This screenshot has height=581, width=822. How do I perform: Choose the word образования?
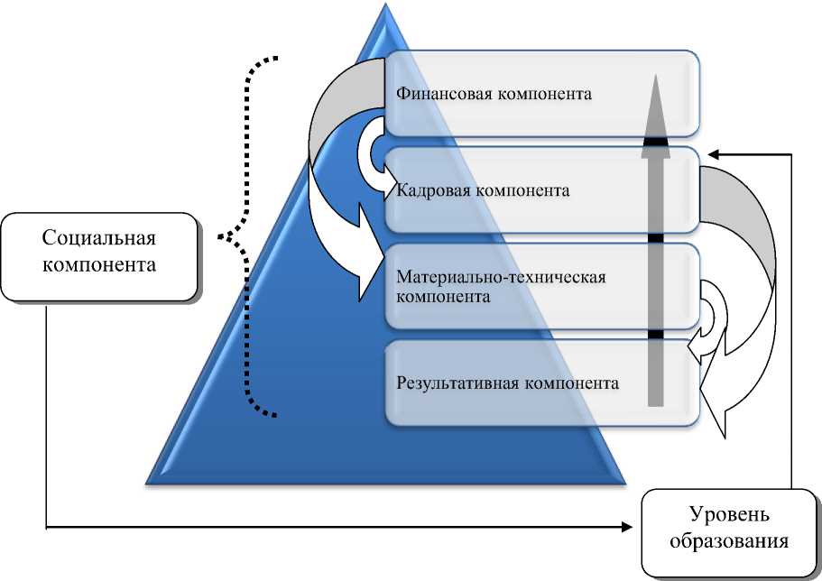[x=730, y=542]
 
